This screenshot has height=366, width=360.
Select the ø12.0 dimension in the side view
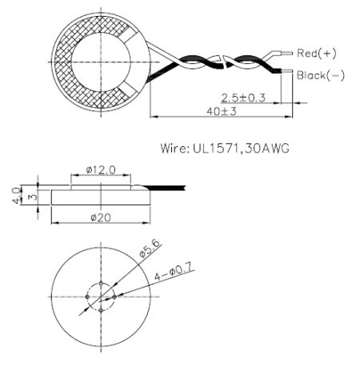click(101, 170)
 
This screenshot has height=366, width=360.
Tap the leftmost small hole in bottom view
click(86, 296)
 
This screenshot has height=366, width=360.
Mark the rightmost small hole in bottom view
click(115, 296)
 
